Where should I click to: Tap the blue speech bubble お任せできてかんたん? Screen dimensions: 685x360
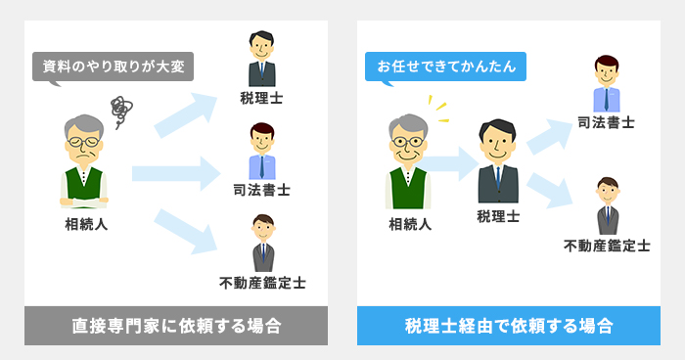(x=445, y=67)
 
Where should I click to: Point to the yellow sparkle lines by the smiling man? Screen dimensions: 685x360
(x=439, y=110)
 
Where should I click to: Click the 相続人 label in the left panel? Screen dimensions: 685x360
(x=83, y=225)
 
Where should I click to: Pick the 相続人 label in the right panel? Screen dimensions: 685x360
(x=410, y=225)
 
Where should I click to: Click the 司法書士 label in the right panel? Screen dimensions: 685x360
(x=606, y=123)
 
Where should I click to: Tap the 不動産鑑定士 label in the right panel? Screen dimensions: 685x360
(x=607, y=245)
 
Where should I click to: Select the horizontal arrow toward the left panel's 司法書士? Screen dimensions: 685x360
(x=176, y=174)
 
